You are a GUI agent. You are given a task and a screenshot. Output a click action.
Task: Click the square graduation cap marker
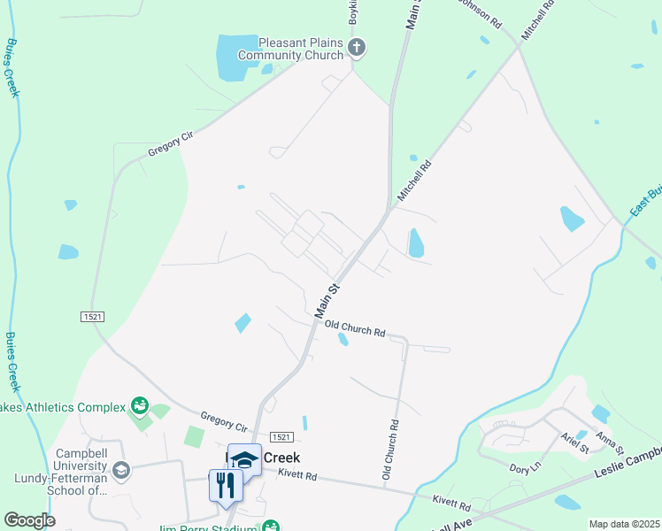[245, 459]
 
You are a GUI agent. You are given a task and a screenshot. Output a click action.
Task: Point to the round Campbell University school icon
[121, 469]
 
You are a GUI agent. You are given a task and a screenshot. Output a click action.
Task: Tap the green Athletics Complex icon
[139, 406]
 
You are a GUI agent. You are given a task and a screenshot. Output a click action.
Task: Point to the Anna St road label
[610, 438]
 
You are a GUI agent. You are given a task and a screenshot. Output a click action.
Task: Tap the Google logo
[30, 520]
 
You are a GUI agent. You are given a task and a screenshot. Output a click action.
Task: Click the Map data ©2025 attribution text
[624, 524]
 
